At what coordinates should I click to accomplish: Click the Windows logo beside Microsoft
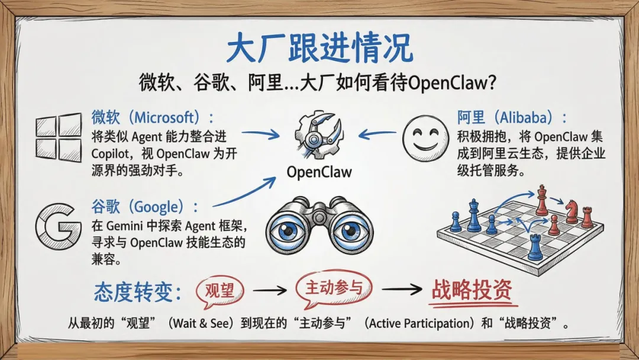tap(59, 137)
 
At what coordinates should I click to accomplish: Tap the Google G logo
tap(57, 227)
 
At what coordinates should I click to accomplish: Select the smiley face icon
tap(425, 138)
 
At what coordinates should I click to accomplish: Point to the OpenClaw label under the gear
tap(319, 172)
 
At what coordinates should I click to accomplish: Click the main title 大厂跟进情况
tap(319, 48)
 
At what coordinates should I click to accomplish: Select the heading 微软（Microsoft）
tap(151, 117)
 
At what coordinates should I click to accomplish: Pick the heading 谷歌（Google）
tap(145, 207)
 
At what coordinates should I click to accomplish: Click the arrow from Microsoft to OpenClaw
tap(260, 136)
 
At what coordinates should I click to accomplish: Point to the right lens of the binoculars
tap(353, 230)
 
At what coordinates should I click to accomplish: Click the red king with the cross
tap(541, 201)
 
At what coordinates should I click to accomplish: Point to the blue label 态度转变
tap(137, 291)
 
